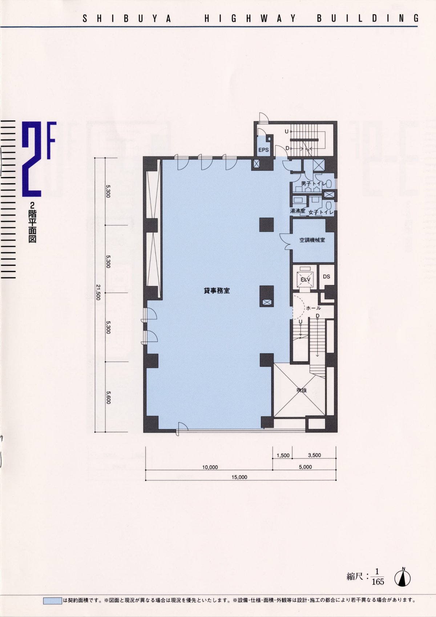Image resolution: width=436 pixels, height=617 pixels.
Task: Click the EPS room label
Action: [x=263, y=150]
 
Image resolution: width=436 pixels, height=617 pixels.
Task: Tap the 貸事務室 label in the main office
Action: [x=217, y=291]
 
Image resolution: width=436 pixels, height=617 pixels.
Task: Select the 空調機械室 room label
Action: [x=312, y=240]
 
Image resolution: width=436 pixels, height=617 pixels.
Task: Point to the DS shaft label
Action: [x=326, y=277]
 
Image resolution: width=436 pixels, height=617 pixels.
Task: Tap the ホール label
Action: [x=313, y=308]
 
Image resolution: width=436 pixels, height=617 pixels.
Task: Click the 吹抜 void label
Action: [x=302, y=390]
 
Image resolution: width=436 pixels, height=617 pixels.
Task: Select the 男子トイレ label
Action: [x=314, y=184]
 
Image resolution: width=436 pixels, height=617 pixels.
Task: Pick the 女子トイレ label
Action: [x=321, y=212]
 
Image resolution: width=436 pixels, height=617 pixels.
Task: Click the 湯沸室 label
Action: [x=298, y=211]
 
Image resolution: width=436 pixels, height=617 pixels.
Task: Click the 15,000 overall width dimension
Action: [x=239, y=477]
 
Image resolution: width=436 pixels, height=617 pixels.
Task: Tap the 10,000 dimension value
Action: [x=210, y=467]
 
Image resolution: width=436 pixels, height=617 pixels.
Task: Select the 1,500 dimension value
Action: [x=283, y=455]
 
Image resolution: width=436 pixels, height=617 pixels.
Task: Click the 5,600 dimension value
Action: [x=108, y=397]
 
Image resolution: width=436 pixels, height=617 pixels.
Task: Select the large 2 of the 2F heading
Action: [x=32, y=159]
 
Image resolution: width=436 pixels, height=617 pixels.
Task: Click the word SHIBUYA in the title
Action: [x=127, y=19]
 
